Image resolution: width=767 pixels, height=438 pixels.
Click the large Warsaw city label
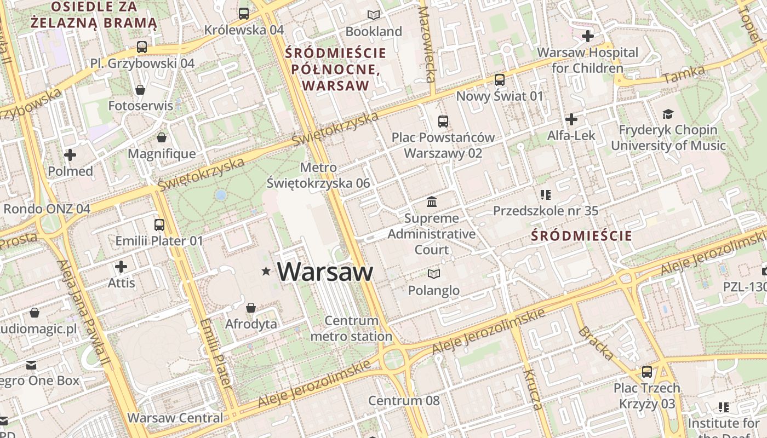pyautogui.click(x=325, y=272)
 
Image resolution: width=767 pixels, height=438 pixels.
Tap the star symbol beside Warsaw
pyautogui.click(x=267, y=271)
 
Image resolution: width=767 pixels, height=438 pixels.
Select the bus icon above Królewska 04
pyautogui.click(x=244, y=13)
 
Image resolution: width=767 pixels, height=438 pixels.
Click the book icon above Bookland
pyautogui.click(x=374, y=15)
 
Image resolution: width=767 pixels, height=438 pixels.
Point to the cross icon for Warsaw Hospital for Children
pyautogui.click(x=588, y=37)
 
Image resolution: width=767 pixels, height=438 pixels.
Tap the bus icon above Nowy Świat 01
pyautogui.click(x=500, y=80)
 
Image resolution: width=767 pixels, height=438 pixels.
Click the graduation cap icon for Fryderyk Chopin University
pyautogui.click(x=668, y=114)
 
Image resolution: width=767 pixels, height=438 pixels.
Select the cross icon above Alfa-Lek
pyautogui.click(x=571, y=119)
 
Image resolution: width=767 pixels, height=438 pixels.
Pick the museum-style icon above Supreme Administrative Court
pyautogui.click(x=432, y=202)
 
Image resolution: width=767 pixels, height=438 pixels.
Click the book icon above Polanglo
pyautogui.click(x=434, y=274)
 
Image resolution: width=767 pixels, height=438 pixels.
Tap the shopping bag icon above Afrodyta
pyautogui.click(x=251, y=308)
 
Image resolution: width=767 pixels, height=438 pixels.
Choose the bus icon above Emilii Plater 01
pyautogui.click(x=159, y=224)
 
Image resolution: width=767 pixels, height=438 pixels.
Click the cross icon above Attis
pyautogui.click(x=121, y=267)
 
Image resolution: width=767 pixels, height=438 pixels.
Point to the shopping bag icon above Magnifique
pyautogui.click(x=162, y=137)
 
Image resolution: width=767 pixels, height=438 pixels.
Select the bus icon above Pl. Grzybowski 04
pyautogui.click(x=142, y=47)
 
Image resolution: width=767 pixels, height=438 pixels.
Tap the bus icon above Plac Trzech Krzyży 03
pyautogui.click(x=647, y=372)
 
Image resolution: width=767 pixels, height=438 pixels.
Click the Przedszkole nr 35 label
pyautogui.click(x=546, y=211)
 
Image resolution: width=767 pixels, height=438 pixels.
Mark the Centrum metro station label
pyautogui.click(x=351, y=328)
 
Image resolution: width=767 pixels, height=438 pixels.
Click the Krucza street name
pyautogui.click(x=533, y=390)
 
